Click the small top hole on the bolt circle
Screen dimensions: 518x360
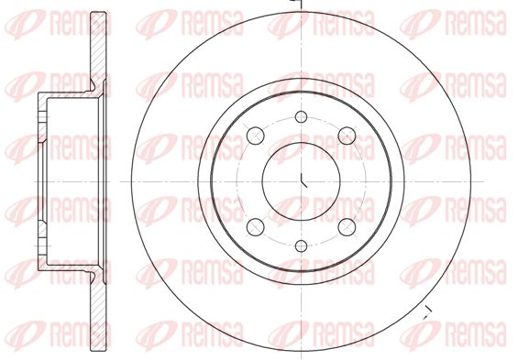coord(301,116)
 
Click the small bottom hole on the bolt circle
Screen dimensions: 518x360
coord(301,245)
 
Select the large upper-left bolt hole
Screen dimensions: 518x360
coord(256,136)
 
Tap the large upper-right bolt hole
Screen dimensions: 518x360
coord(347,136)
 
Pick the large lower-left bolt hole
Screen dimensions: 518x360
coord(256,227)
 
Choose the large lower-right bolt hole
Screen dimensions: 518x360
coord(347,227)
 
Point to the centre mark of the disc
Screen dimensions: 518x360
coord(303,180)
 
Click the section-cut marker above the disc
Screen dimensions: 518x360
coord(297,3)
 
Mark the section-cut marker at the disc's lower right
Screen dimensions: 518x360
coord(428,312)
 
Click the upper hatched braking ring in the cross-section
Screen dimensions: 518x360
coord(98,49)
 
